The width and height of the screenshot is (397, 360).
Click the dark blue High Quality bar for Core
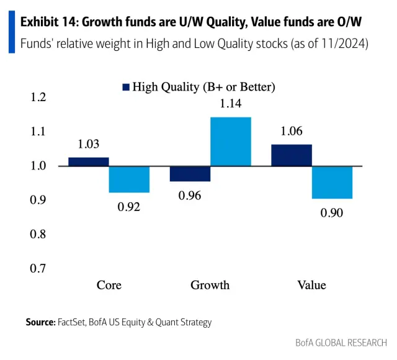(89, 162)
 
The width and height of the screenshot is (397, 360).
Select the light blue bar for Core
(129, 179)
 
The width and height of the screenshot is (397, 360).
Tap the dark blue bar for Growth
(190, 174)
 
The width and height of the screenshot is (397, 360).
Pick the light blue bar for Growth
(231, 142)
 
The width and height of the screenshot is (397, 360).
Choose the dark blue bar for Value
(292, 155)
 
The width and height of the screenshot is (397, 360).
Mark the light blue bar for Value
(332, 182)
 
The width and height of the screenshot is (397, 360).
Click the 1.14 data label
(231, 104)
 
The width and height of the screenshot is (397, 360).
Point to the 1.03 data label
(89, 144)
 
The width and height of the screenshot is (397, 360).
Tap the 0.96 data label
(190, 196)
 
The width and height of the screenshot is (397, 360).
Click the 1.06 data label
(292, 131)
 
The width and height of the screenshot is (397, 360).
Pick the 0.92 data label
(129, 207)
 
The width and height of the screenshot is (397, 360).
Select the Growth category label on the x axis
(210, 286)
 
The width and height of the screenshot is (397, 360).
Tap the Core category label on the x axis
(109, 286)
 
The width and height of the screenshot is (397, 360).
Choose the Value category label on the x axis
(311, 286)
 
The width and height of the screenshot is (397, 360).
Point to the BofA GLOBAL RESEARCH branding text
(341, 343)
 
